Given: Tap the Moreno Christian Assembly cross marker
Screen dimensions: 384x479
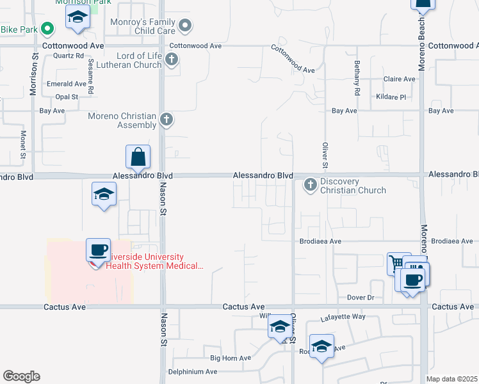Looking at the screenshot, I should coord(166,119).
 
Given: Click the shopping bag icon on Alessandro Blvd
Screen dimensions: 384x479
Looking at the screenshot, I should coord(138,157).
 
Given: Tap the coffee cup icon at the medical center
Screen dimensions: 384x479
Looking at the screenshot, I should coord(98,250).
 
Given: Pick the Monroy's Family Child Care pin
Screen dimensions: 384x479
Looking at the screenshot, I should coord(185,26).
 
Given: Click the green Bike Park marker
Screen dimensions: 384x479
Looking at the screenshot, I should coord(47,29).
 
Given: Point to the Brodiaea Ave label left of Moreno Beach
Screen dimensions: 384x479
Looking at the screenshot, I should coord(321,242).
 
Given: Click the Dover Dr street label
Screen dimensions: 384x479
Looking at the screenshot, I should coord(360,298).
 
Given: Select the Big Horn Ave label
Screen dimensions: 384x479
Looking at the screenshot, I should coord(231,358).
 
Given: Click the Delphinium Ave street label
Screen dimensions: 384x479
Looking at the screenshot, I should coord(192,371).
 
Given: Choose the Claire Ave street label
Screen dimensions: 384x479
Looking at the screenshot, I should coord(399,79).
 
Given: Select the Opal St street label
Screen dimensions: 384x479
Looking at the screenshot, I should coord(66,97).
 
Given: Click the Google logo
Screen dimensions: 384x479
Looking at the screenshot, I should coord(21,376).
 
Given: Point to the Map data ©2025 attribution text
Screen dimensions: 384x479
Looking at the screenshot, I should coord(452,379).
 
